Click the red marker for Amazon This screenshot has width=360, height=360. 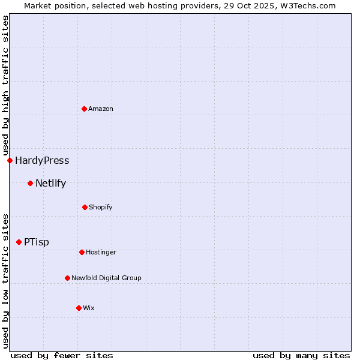[84, 109]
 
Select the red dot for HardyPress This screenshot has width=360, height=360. [10, 160]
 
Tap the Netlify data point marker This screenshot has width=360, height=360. [30, 183]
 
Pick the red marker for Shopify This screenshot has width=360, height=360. [85, 207]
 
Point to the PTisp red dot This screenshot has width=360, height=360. [19, 242]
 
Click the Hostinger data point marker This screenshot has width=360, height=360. [82, 252]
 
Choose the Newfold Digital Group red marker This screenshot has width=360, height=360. [67, 278]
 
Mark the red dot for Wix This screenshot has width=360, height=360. [79, 308]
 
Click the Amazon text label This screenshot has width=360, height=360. [101, 109]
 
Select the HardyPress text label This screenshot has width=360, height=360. [42, 160]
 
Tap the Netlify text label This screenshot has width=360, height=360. [50, 183]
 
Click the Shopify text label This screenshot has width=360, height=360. [101, 207]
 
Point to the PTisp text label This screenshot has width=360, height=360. [37, 242]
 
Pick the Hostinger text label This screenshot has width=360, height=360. [101, 252]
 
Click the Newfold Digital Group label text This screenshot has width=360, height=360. [106, 278]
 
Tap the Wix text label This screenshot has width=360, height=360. [89, 308]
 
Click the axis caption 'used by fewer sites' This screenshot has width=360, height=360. [62, 355]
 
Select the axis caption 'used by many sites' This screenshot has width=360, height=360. [301, 355]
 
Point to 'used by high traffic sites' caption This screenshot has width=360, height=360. [5, 86]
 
